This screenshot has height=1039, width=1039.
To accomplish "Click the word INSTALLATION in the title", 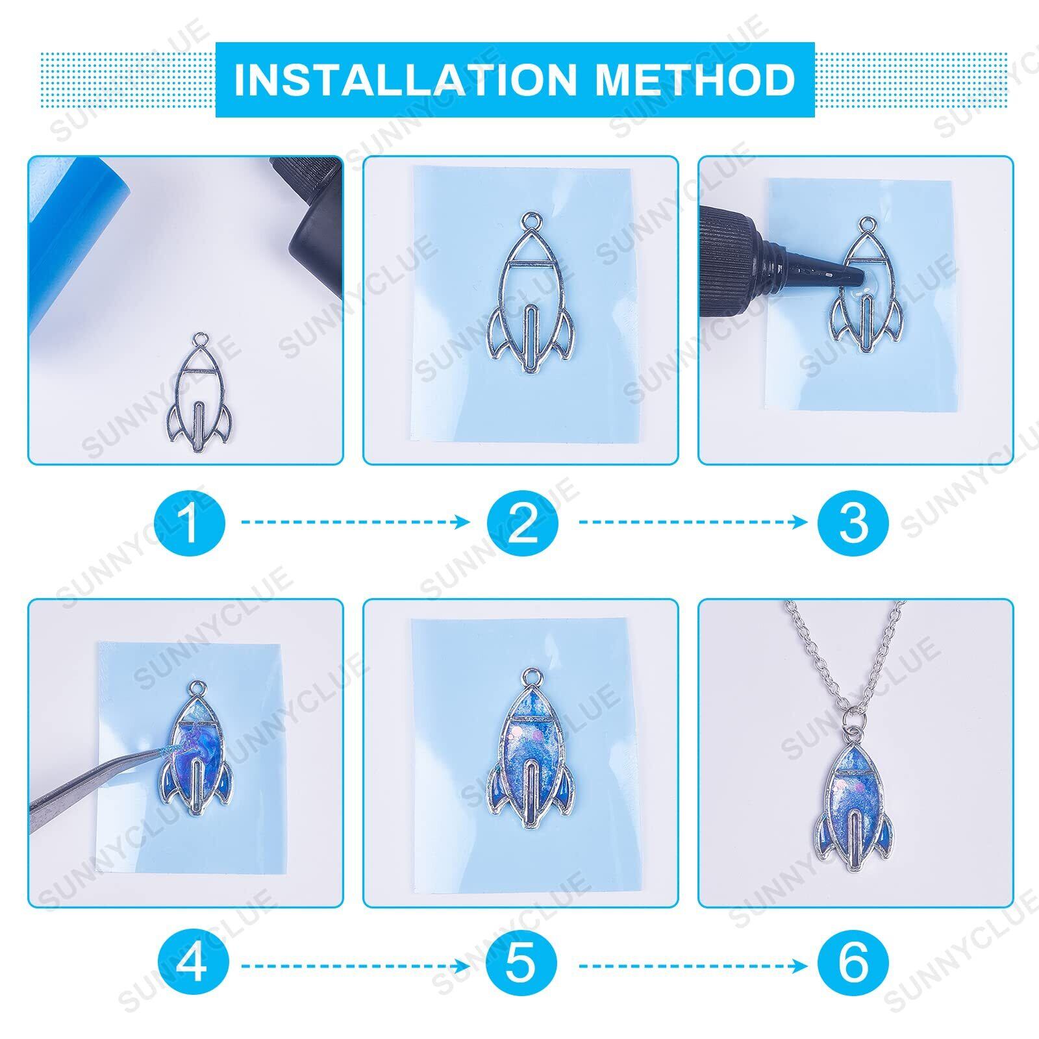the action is pyautogui.click(x=405, y=80).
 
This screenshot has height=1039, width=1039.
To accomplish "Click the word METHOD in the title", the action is pyautogui.click(x=695, y=80).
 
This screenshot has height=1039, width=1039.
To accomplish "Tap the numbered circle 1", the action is pyautogui.click(x=190, y=522).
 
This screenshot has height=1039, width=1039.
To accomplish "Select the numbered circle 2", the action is pyautogui.click(x=523, y=522).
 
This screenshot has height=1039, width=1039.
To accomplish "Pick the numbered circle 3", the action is pyautogui.click(x=853, y=522).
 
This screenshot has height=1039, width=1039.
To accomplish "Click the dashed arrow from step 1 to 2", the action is pyautogui.click(x=355, y=522).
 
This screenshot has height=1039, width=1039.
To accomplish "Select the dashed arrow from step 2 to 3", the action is pyautogui.click(x=693, y=522).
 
